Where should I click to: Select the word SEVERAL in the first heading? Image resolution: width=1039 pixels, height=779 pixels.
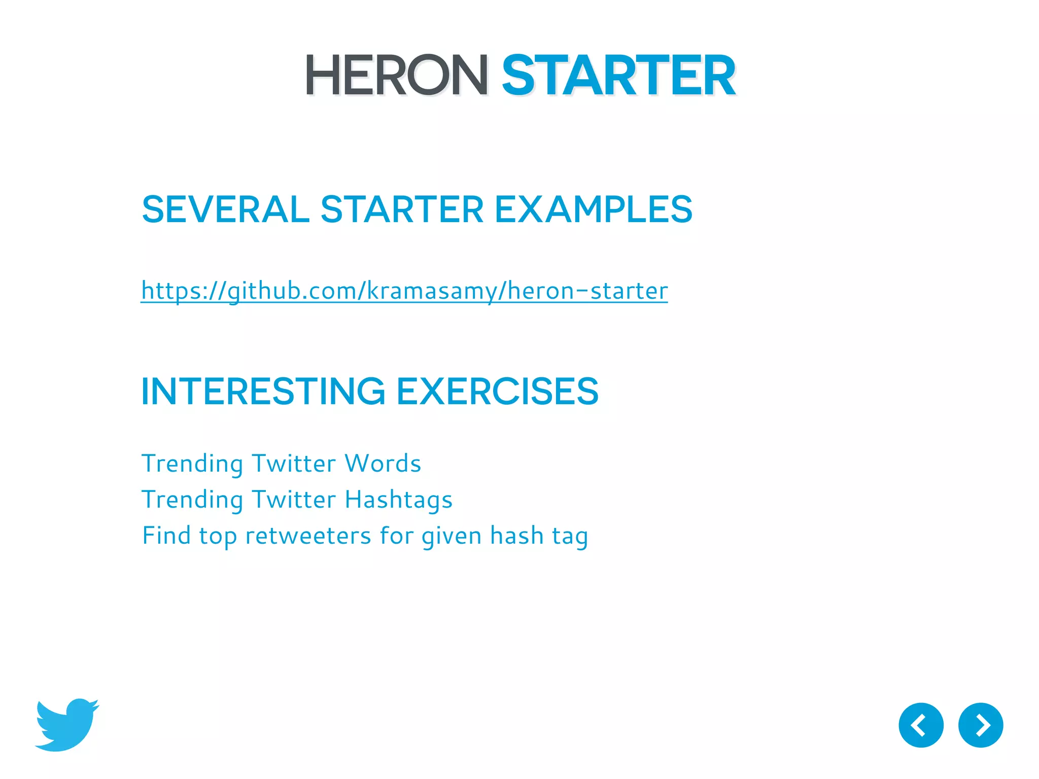tap(225, 209)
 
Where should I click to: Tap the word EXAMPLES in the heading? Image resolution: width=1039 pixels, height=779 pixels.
tap(593, 209)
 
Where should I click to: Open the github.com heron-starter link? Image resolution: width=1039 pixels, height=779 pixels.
tap(404, 291)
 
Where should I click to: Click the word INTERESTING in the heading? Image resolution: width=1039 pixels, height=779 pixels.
tap(263, 392)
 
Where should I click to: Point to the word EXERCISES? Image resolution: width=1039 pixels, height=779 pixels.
tap(497, 392)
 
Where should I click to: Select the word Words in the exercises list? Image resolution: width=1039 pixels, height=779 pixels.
tap(383, 464)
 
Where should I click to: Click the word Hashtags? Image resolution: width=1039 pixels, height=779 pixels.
tap(398, 500)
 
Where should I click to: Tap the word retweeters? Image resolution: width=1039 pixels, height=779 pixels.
tap(308, 536)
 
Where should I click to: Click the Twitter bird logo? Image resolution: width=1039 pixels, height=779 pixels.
tap(67, 725)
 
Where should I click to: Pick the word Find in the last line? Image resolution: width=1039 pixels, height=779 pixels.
tap(165, 536)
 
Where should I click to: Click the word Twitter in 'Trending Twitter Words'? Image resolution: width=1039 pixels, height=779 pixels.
tap(294, 464)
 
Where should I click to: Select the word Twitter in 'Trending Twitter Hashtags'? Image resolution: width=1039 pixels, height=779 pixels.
tap(294, 500)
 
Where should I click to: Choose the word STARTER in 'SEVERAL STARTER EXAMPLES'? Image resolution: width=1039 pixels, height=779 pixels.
tap(402, 209)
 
